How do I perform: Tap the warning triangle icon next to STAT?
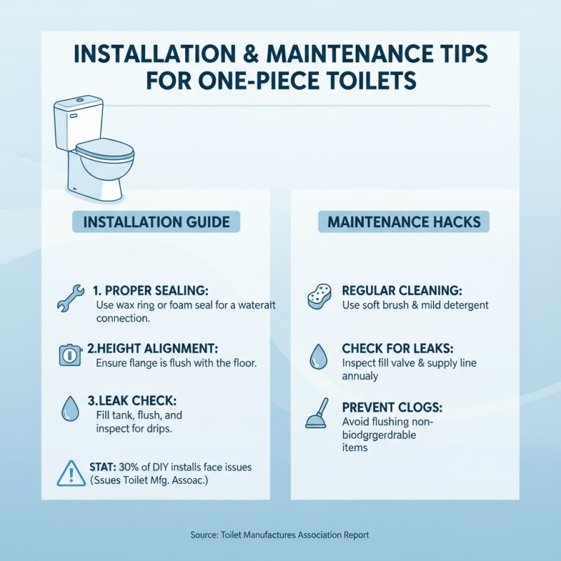71,474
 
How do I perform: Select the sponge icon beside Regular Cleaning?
318,297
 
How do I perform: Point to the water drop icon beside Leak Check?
70,409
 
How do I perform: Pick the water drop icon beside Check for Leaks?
317,357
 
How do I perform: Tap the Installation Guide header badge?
156,222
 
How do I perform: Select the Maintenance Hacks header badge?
403,222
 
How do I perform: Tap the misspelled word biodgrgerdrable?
379,435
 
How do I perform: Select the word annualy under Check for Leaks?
360,376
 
